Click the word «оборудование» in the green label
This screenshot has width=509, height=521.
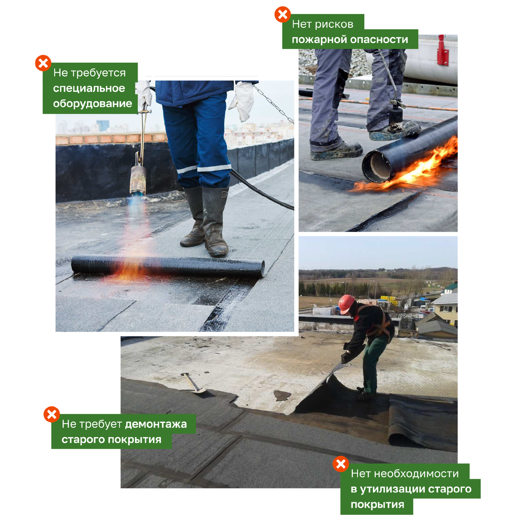(x=93, y=104)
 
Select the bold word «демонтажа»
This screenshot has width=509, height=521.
(x=156, y=424)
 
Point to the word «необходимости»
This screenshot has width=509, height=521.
(x=416, y=474)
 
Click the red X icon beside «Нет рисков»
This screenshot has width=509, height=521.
(x=282, y=14)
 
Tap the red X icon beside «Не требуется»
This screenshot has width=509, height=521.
(x=43, y=63)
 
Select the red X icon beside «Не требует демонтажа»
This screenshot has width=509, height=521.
(x=52, y=415)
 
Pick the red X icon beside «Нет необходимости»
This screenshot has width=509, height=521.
(x=340, y=464)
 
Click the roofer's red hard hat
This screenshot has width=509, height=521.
(x=346, y=303)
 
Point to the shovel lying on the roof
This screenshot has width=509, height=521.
(x=193, y=383)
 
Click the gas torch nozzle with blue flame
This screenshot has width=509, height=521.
(x=138, y=180)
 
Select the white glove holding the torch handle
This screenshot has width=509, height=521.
(x=143, y=93)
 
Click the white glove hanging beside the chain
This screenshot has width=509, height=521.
(x=242, y=101)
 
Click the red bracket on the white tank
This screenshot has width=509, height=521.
(x=442, y=50)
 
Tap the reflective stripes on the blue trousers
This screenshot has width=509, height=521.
(x=204, y=168)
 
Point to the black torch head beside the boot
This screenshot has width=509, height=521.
(x=396, y=116)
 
